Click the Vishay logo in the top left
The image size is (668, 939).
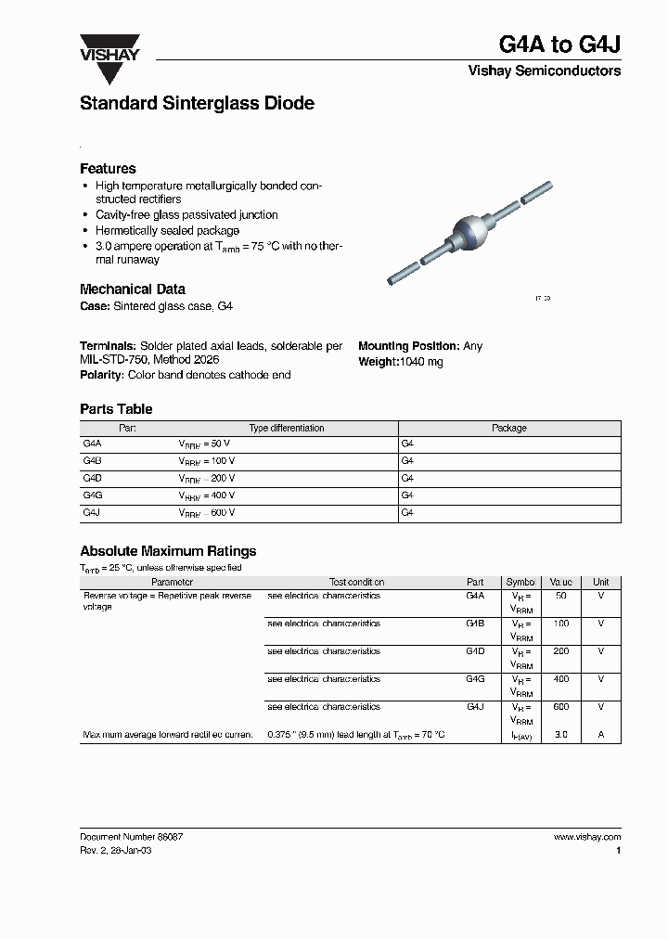point(109,58)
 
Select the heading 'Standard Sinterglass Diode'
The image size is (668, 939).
point(197,104)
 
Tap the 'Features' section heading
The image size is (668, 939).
point(108,169)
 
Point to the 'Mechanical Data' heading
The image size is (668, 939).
point(133,289)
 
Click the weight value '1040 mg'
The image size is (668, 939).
point(421,362)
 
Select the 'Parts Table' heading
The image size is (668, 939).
point(116,409)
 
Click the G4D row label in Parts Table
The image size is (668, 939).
point(92,479)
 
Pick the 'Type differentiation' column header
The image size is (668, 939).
point(287,429)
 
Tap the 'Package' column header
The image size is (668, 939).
point(508,429)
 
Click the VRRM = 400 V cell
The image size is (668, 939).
point(207,495)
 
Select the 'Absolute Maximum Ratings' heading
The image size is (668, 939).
point(168,551)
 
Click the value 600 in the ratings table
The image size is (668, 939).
point(560,707)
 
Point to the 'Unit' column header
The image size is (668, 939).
point(600,583)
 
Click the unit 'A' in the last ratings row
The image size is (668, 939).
point(600,735)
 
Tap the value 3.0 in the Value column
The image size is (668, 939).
point(560,735)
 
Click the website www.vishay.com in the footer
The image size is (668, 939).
point(586,837)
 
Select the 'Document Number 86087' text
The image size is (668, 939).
point(132,837)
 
